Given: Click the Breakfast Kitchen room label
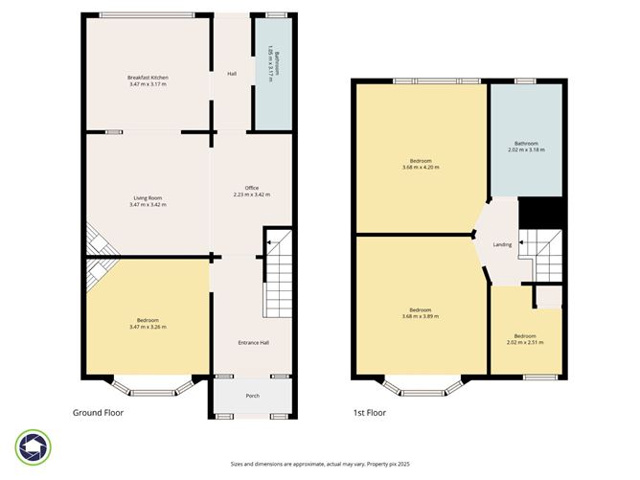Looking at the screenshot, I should [148, 80].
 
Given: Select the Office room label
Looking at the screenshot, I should [251, 191].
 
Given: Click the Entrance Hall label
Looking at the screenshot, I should [252, 342].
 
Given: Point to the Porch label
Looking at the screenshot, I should [252, 396].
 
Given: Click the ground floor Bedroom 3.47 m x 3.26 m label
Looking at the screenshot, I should [147, 323].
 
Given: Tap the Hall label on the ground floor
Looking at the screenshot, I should [231, 73].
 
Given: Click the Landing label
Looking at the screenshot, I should [501, 244].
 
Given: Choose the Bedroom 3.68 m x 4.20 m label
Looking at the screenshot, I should [421, 164].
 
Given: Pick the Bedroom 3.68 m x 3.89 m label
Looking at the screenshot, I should [421, 313].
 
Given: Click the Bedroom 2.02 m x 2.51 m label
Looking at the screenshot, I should [524, 338].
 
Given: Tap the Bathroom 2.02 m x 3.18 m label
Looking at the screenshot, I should [524, 147].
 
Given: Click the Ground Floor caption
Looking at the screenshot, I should [99, 413].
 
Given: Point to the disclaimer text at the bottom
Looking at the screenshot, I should [319, 463].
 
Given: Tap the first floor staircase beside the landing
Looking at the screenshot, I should [539, 253].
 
